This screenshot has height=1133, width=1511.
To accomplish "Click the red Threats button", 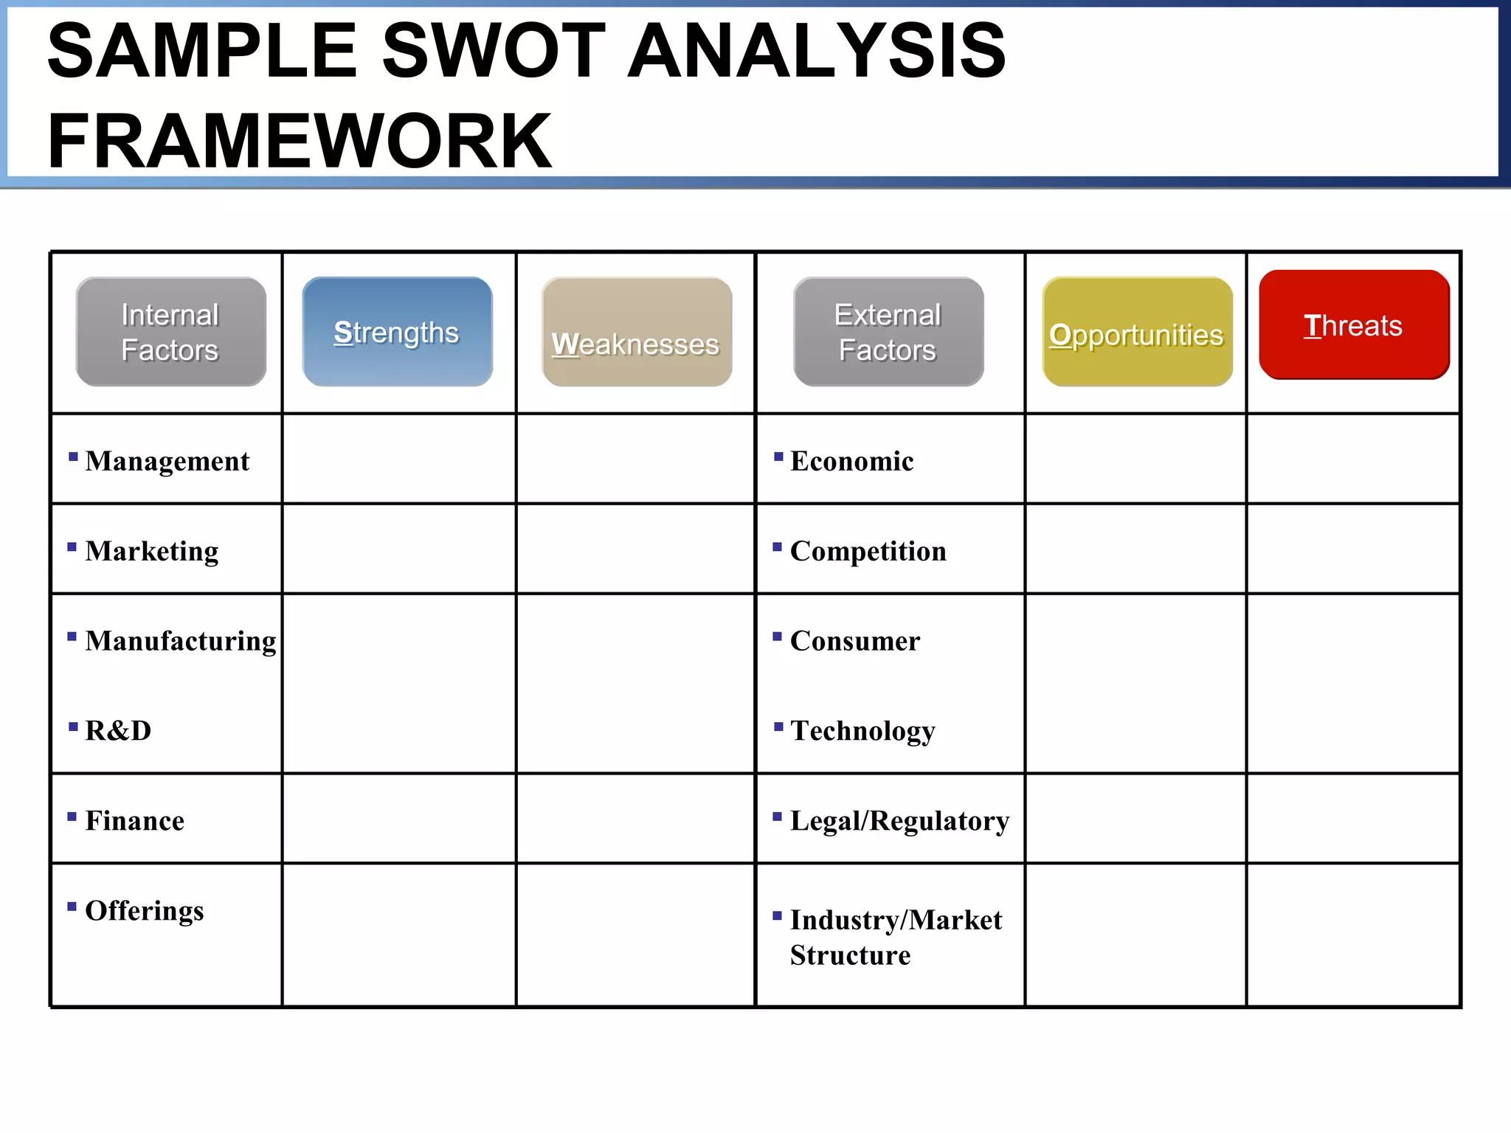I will pos(1354,325).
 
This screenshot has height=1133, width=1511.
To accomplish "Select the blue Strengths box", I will pos(397,332).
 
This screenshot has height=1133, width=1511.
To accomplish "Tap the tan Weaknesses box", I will pos(637,332).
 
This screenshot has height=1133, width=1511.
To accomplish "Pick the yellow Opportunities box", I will pos(1137,332).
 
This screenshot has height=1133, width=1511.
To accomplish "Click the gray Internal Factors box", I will pos(170,332).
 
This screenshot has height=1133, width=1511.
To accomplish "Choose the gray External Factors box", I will pos(888,332).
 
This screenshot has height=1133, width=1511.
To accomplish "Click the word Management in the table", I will pos(167,461).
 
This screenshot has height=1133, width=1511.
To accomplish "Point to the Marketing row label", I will pos(152,551).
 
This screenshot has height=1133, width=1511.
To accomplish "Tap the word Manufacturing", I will pos(181,641).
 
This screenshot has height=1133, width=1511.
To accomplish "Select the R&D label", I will pos(118,731).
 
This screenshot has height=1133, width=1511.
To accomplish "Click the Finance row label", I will pos(135,821).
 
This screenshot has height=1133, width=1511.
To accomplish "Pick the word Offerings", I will pos(145,911).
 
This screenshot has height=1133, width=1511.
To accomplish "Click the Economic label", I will pos(852,461).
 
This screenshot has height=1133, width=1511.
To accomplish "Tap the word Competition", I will pos(868,551).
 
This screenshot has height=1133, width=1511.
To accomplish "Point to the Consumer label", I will pos(855,641).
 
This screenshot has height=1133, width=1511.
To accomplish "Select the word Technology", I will pos(862,731).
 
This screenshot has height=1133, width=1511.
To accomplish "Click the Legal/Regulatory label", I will pos(899,821).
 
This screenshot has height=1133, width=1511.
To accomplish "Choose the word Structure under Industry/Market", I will pos(850,955).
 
